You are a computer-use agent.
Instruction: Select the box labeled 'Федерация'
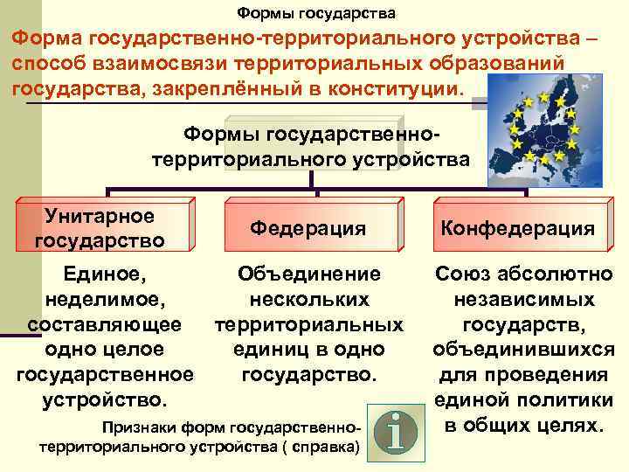308,228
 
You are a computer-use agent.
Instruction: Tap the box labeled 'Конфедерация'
518,228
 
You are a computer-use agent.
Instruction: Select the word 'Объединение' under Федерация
309,274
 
